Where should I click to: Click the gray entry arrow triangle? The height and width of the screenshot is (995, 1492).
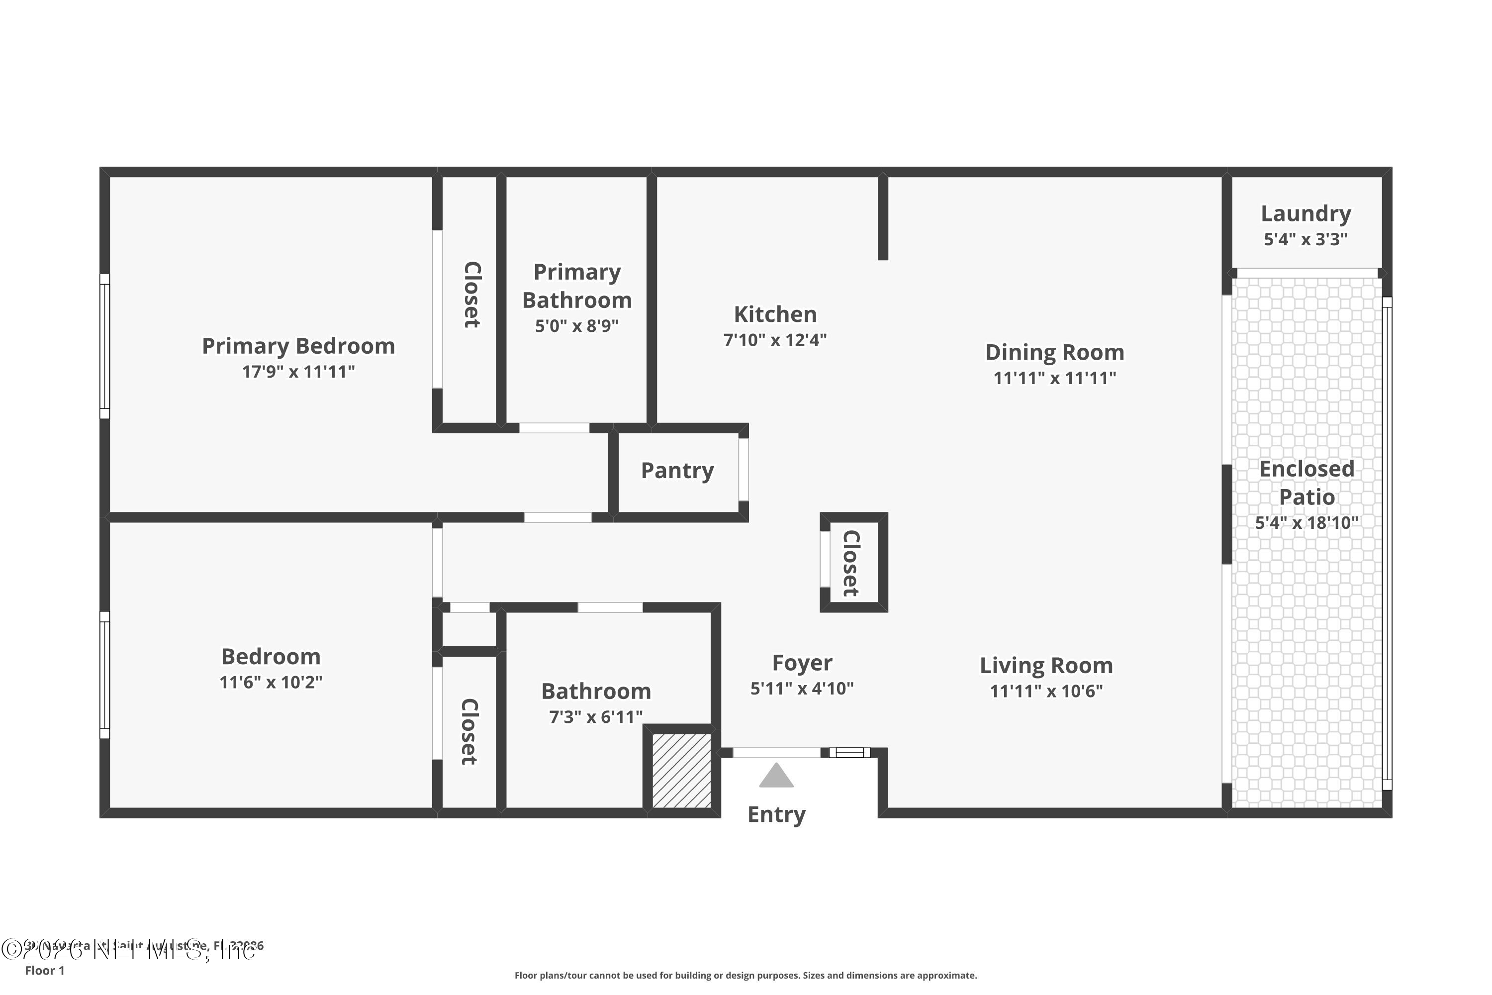coord(776,776)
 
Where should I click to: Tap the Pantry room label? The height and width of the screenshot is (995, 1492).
coord(677,471)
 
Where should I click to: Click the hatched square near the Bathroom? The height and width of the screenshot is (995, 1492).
coord(681,770)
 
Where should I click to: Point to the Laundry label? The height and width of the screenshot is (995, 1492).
coord(1305,214)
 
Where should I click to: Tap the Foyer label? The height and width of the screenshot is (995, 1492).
coord(802,663)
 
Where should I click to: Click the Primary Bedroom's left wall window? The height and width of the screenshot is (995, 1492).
coord(104,346)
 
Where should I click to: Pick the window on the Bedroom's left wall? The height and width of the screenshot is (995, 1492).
coord(104,675)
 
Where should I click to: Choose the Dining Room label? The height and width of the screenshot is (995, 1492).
coord(1054,352)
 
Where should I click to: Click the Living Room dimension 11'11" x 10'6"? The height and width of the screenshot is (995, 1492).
coord(1046,691)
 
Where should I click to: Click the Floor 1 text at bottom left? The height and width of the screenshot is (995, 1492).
coord(44,970)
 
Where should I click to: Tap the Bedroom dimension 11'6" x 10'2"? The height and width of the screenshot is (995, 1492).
coord(271,683)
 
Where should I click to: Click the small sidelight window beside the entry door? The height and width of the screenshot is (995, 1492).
coord(850,753)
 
